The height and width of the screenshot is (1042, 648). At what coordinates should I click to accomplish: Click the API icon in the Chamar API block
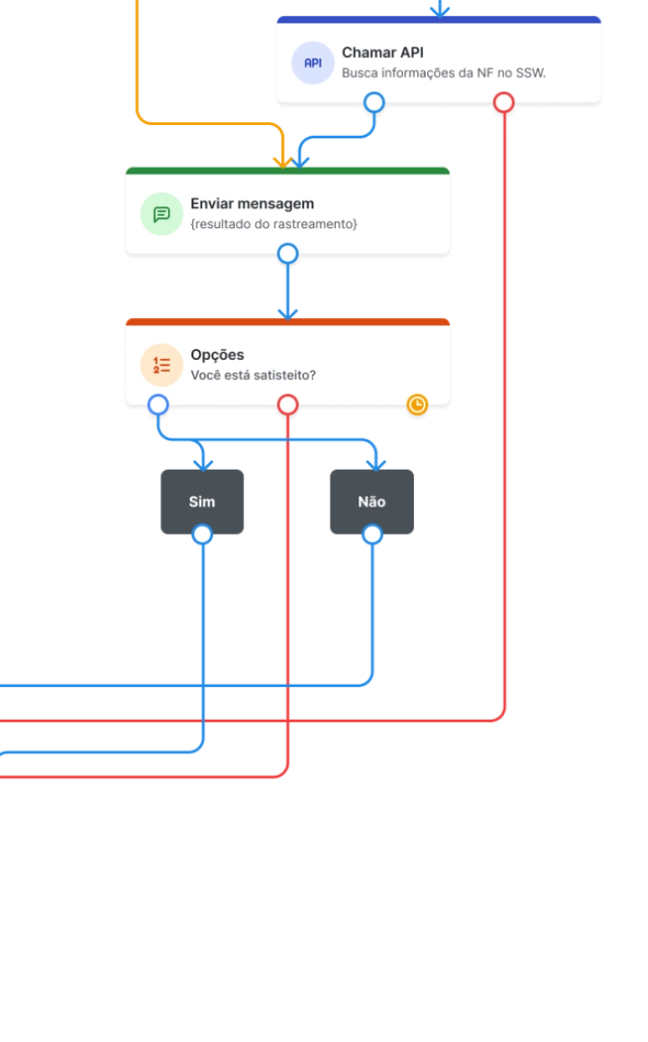coord(312,63)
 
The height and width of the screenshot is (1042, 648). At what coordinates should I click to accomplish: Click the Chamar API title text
coord(382,53)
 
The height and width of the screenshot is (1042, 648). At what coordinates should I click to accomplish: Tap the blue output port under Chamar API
coord(374,103)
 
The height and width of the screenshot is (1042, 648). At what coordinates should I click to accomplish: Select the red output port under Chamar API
coord(504,103)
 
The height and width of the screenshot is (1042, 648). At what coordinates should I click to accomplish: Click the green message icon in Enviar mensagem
coord(161,214)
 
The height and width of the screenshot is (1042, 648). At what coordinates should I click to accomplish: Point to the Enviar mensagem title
coord(252,204)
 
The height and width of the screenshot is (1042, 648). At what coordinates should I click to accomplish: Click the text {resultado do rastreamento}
coord(274,224)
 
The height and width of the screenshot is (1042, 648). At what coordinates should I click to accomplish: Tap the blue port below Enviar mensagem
coord(288,253)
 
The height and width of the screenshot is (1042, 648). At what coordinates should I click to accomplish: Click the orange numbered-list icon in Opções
coord(161,365)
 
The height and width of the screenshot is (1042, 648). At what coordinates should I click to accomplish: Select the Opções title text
coord(217,355)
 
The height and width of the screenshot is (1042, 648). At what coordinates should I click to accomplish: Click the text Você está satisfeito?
coord(253,375)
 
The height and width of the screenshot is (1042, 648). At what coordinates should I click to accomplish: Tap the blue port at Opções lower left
coord(158,405)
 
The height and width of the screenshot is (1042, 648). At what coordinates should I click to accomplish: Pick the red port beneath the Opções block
coord(288,405)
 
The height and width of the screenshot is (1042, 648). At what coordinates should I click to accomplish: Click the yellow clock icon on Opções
coord(417,405)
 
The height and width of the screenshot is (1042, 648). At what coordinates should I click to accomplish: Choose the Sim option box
coord(201,501)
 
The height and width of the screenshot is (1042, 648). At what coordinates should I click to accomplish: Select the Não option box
coord(372,501)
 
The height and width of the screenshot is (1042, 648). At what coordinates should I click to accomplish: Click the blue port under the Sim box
coord(202,534)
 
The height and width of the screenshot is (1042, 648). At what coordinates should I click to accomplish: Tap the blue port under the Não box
coord(372,534)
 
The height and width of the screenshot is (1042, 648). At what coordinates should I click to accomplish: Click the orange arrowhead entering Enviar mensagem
coord(283,159)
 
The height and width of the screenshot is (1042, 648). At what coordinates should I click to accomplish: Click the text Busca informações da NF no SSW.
coord(443,73)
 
